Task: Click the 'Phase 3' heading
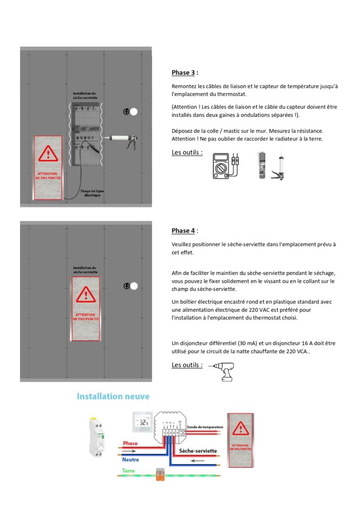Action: pyautogui.click(x=183, y=73)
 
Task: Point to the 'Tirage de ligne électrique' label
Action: pyautogui.click(x=92, y=193)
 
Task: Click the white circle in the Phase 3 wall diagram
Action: pyautogui.click(x=134, y=112)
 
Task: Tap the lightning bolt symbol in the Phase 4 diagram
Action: pyautogui.click(x=126, y=286)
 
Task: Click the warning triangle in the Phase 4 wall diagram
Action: pyautogui.click(x=86, y=296)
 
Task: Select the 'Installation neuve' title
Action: pyautogui.click(x=113, y=396)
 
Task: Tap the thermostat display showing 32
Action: pyautogui.click(x=143, y=424)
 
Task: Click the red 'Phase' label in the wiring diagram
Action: pyautogui.click(x=130, y=443)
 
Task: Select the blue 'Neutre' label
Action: pyautogui.click(x=130, y=460)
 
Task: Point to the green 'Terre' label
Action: pyautogui.click(x=129, y=471)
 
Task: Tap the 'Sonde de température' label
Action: pyautogui.click(x=205, y=427)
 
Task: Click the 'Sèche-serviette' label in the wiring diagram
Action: pyautogui.click(x=197, y=451)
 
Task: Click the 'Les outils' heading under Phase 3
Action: pyautogui.click(x=186, y=152)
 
